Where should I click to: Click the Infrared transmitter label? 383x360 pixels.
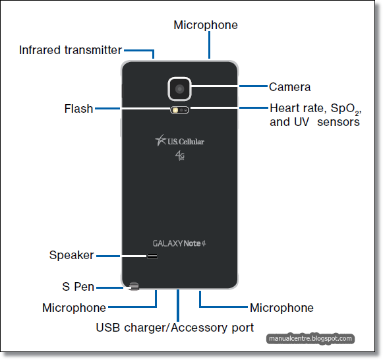point(70,50)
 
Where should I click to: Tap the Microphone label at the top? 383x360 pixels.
point(205,25)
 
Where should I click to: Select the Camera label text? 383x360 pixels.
point(289,86)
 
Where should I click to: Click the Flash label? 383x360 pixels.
point(78,109)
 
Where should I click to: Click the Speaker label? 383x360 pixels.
point(71,255)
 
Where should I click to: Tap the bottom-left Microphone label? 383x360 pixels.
point(74,308)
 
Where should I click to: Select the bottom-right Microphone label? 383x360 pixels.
point(281,308)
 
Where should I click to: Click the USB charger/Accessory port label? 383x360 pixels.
point(175,327)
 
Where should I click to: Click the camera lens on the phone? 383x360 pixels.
point(179,87)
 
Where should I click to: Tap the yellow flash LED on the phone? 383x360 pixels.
point(175,110)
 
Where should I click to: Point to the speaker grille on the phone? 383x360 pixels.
point(152,256)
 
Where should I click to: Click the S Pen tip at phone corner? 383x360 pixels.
point(134,287)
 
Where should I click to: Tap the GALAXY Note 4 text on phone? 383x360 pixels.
point(179,243)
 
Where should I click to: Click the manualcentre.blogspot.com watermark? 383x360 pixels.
point(310,339)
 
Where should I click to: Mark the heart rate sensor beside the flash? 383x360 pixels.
point(185,110)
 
